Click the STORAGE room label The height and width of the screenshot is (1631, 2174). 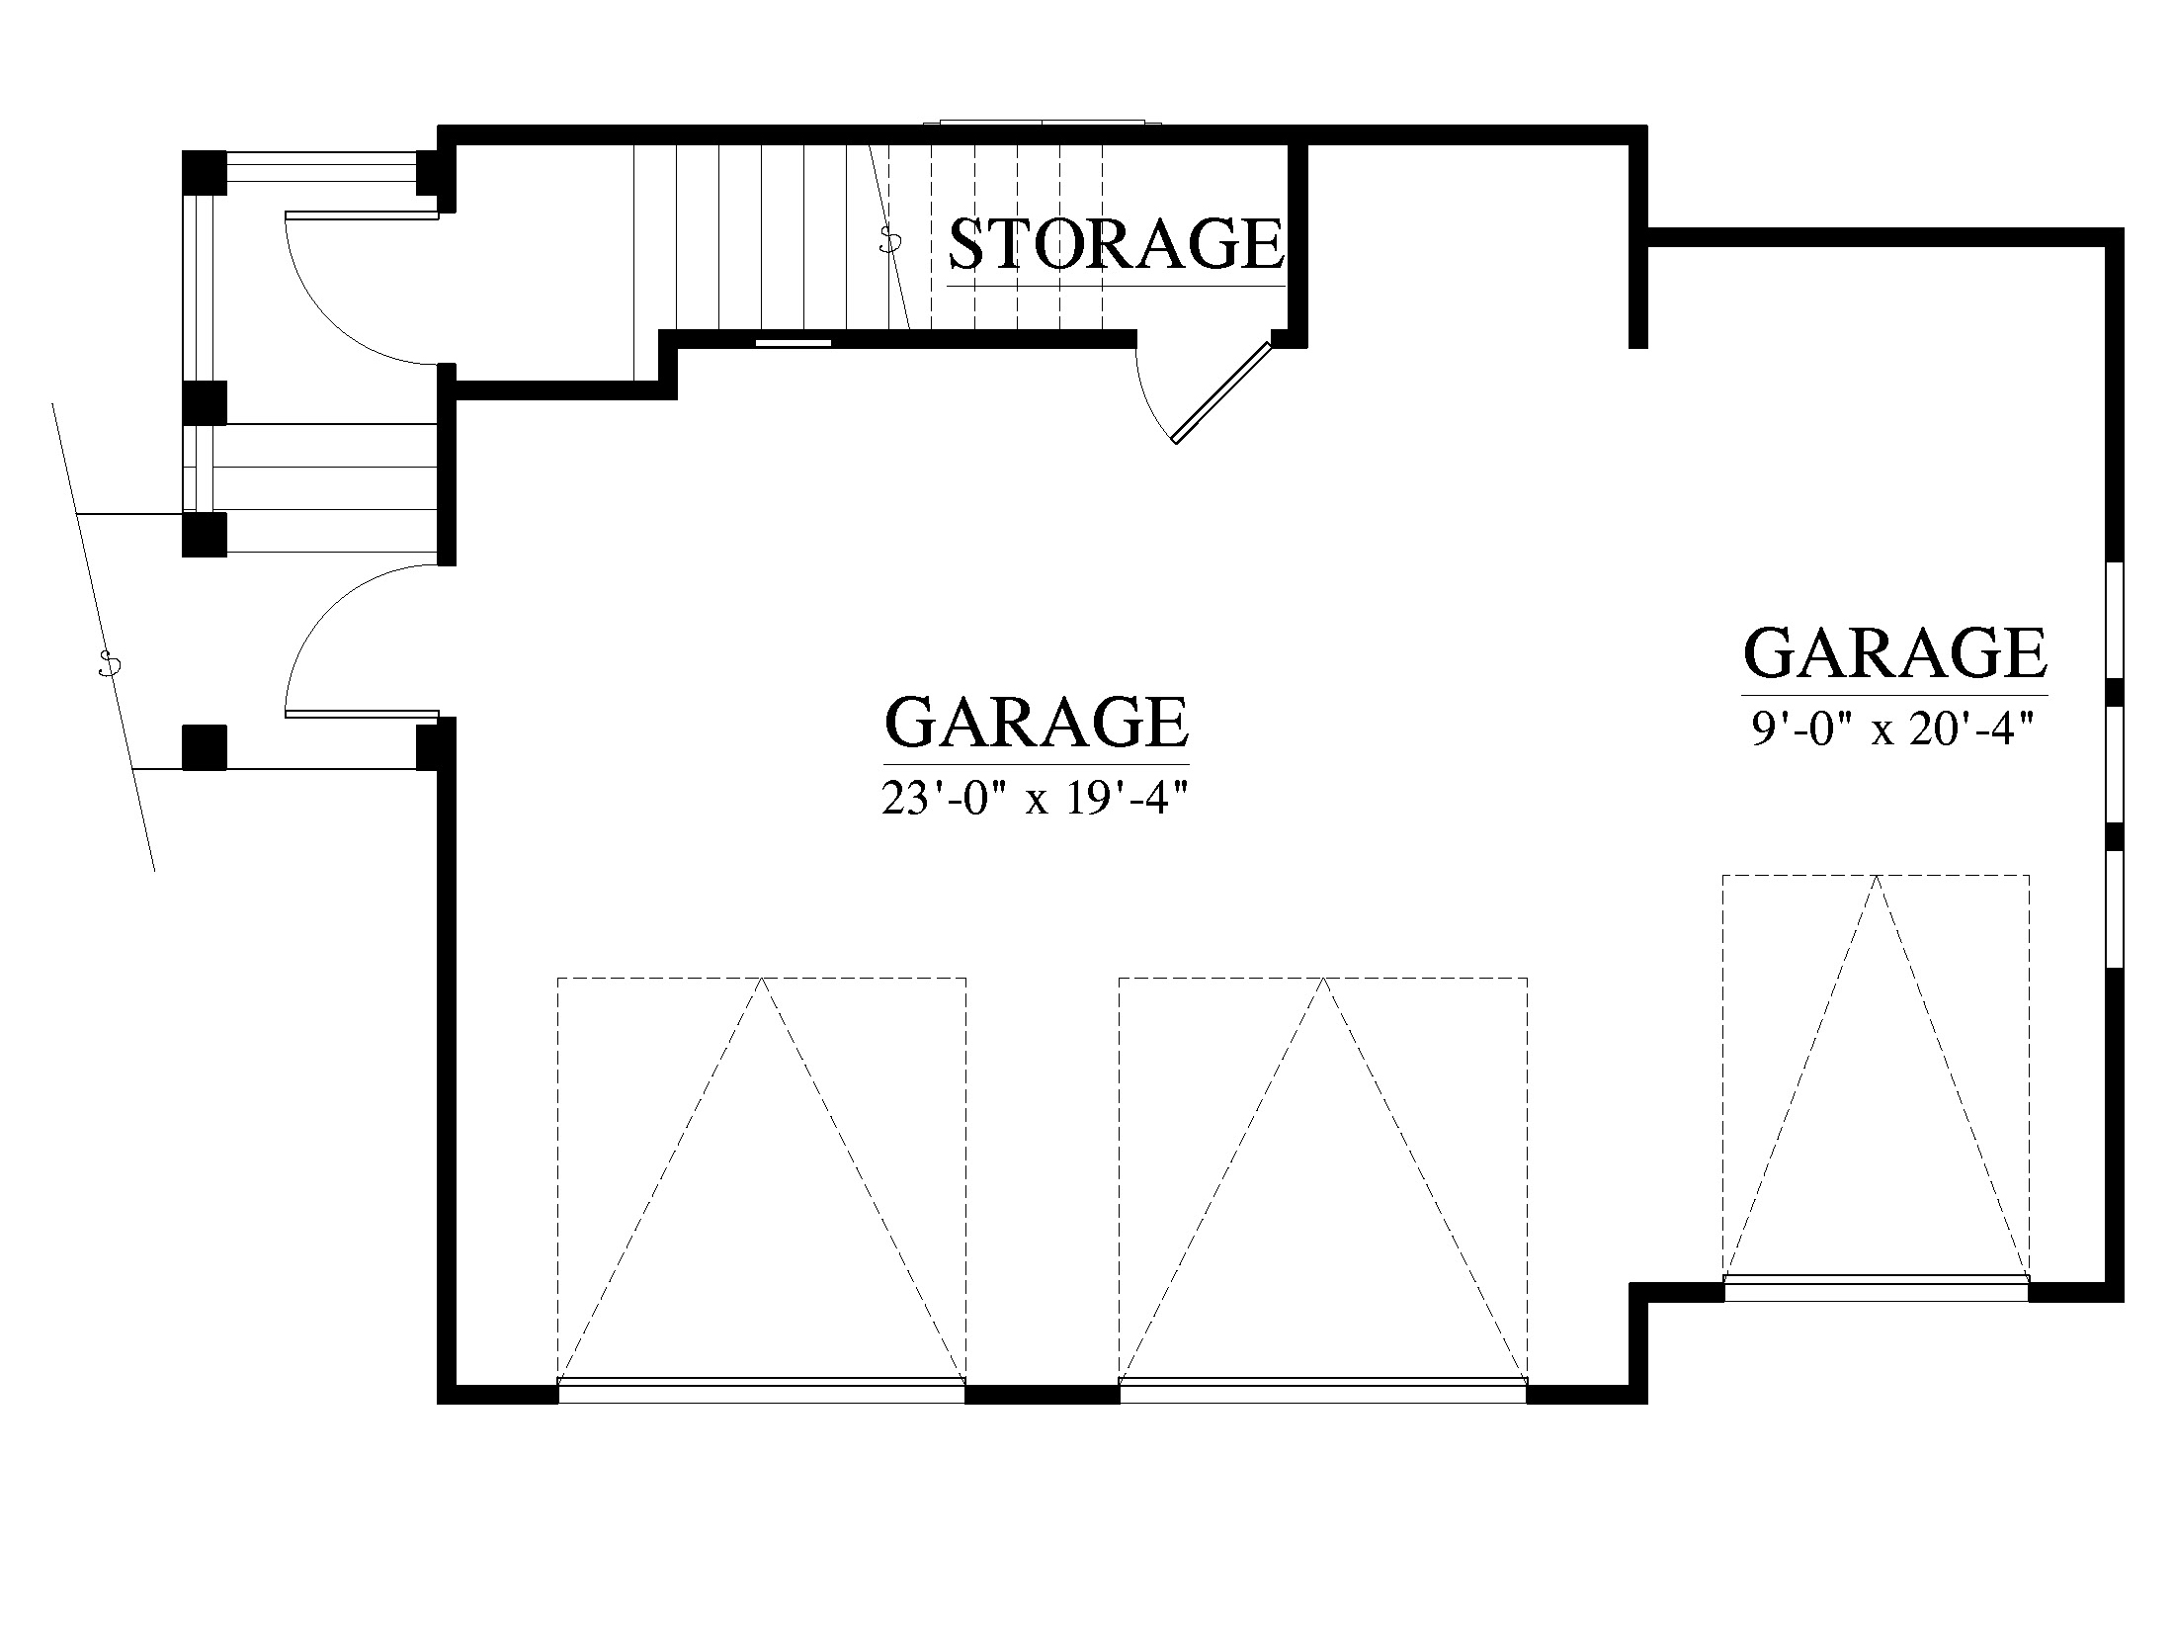tap(1117, 243)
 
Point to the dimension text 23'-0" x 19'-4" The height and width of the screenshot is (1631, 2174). tap(1033, 799)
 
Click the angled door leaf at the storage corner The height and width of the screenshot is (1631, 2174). tap(1221, 392)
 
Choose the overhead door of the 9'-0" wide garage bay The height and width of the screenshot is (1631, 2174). tap(1877, 1289)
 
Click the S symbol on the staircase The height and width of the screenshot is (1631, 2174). tap(890, 239)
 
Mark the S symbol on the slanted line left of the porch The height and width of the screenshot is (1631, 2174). tap(109, 664)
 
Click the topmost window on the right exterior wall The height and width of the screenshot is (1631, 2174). tap(2116, 621)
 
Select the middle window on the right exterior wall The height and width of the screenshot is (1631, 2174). tap(2116, 765)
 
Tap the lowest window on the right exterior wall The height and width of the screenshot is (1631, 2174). tap(2116, 908)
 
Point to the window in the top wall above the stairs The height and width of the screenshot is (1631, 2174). tap(1043, 124)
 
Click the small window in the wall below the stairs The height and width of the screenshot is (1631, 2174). tap(794, 342)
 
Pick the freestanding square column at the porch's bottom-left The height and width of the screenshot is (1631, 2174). tap(205, 747)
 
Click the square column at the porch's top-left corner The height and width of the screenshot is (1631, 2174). tap(205, 172)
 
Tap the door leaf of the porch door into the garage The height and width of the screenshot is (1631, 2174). tap(362, 714)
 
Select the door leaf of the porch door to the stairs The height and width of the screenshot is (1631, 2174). tap(362, 215)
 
